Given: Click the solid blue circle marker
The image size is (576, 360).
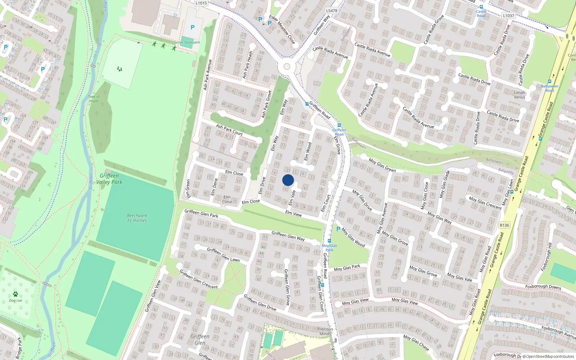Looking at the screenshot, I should (288, 180).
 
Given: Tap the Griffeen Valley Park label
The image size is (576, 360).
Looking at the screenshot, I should (109, 179).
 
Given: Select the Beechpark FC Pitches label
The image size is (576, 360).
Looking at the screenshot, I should (137, 218).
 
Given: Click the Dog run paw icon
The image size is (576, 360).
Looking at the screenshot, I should (15, 294).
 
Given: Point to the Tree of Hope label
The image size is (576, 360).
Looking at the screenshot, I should (94, 99).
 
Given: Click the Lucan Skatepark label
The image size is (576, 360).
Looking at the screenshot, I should (187, 42).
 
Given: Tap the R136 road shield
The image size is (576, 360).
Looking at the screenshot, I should (504, 225).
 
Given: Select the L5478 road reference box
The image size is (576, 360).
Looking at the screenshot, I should (332, 11).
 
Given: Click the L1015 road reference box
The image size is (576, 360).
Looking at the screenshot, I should (201, 3).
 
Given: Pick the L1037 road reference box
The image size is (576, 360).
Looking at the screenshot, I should (508, 16).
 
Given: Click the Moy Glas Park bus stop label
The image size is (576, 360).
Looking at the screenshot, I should (329, 248).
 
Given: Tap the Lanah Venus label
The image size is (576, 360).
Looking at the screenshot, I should (519, 95).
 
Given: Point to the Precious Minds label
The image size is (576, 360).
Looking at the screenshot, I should (325, 331).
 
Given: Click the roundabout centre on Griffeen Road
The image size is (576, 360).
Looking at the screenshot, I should (287, 67).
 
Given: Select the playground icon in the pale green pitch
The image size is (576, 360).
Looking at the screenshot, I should (120, 69).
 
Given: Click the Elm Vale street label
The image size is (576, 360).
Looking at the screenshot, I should (292, 198).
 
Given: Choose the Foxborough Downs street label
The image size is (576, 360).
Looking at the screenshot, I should (543, 287).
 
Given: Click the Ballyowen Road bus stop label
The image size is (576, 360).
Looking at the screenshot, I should (549, 88).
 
